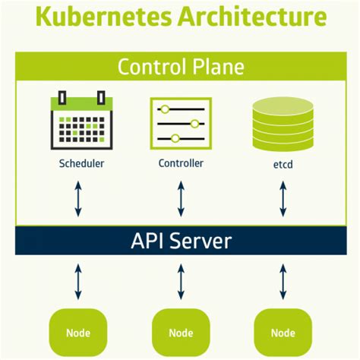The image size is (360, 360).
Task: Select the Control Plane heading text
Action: pyautogui.click(x=181, y=66)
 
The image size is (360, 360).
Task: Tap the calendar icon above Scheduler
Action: pyautogui.click(x=81, y=122)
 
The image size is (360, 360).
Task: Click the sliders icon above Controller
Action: pyautogui.click(x=181, y=122)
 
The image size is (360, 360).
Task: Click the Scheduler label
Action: pyautogui.click(x=81, y=163)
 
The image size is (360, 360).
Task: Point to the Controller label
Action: pyautogui.click(x=181, y=163)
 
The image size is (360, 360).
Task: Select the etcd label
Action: pyautogui.click(x=283, y=163)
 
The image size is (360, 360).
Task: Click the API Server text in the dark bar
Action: pyautogui.click(x=181, y=242)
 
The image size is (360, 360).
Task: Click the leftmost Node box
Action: pyautogui.click(x=79, y=333)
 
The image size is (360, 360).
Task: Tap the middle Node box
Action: pyautogui.click(x=181, y=333)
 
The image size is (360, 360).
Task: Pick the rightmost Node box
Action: pyautogui.click(x=283, y=333)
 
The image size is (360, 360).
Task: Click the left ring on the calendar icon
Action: pyautogui.click(x=62, y=96)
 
